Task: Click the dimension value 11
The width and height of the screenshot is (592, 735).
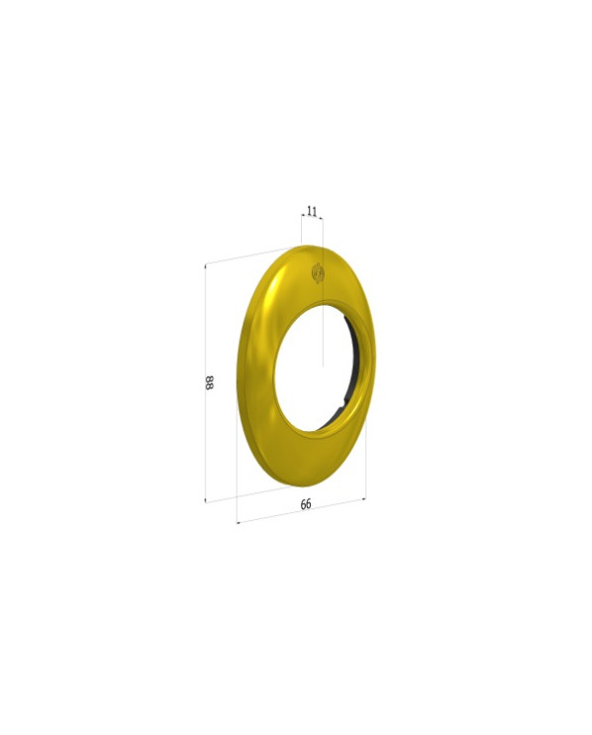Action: (312, 211)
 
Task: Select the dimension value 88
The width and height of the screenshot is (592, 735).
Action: (209, 382)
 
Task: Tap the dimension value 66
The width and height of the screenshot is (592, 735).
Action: (306, 504)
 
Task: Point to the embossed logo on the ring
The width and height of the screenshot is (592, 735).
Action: (319, 273)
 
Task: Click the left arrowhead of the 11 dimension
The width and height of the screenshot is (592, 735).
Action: (303, 216)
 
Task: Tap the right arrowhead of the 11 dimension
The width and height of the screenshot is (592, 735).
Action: (321, 218)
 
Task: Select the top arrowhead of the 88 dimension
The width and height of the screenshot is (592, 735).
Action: (206, 267)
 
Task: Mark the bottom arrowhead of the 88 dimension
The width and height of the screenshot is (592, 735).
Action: (206, 499)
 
